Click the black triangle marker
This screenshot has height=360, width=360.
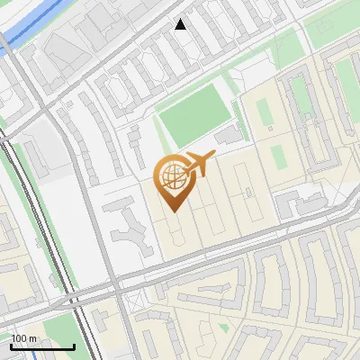pyautogui.click(x=181, y=24)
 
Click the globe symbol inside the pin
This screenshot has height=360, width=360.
pyautogui.click(x=173, y=177)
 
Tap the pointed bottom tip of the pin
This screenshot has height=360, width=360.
pyautogui.click(x=173, y=211)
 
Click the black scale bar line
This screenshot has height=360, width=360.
pyautogui.click(x=42, y=346)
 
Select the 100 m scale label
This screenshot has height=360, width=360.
pyautogui.click(x=24, y=338)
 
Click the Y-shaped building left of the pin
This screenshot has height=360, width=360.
pyautogui.click(x=131, y=229)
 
